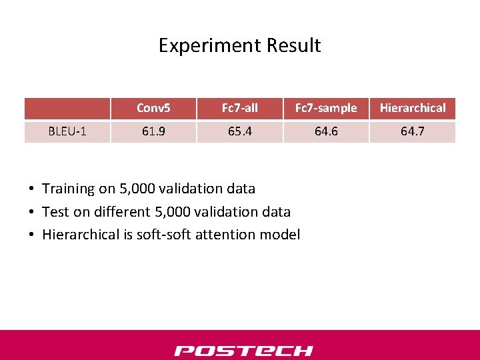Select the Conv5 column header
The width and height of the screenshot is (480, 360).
[x=153, y=108]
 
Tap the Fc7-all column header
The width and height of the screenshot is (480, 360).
[x=239, y=108]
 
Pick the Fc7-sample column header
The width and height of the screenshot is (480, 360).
[x=326, y=108]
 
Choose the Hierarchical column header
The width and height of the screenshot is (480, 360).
[x=413, y=108]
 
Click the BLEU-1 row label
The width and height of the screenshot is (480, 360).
[x=67, y=131]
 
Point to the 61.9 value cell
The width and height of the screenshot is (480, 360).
[x=153, y=131]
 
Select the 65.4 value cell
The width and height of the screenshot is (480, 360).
[x=239, y=131]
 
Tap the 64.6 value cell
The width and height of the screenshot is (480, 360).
[x=326, y=131]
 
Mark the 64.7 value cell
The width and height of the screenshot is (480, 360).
[x=413, y=131]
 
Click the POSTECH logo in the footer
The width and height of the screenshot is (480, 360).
[x=243, y=351]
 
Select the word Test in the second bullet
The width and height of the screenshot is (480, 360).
[x=55, y=212]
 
